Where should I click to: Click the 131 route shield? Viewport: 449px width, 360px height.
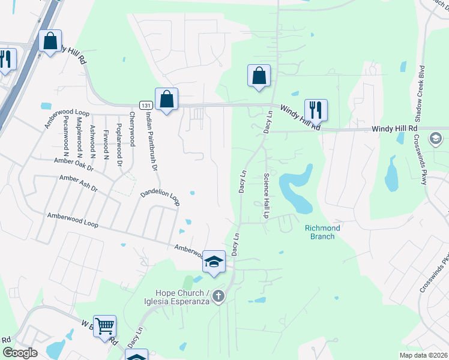click(145, 104)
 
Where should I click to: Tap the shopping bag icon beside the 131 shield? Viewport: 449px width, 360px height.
click(166, 100)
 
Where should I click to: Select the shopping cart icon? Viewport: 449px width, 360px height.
click(104, 326)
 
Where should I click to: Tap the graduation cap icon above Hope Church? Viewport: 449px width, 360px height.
click(214, 262)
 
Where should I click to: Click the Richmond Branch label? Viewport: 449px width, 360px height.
click(322, 232)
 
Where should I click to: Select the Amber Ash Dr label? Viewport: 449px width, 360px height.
click(78, 183)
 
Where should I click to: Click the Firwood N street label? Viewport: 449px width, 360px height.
click(105, 140)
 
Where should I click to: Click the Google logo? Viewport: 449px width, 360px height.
click(19, 353)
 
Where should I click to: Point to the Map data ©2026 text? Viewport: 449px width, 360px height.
click(423, 355)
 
